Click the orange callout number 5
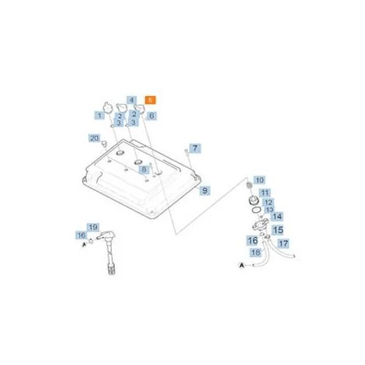point(151,99)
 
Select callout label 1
point(99,116)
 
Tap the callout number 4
point(132,100)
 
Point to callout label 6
point(151,116)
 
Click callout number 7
point(195,148)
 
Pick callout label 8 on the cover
point(144,169)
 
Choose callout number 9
point(204,190)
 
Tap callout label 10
point(259,180)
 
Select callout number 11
point(265,193)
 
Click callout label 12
point(268,203)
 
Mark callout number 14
point(277,217)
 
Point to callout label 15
point(278,230)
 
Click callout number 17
point(283,243)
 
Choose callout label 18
point(255,252)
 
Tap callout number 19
point(93,227)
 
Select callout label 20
point(94,138)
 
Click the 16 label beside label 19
point(82,235)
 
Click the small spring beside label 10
point(249,186)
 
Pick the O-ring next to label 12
point(255,210)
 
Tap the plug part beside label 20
point(104,144)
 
